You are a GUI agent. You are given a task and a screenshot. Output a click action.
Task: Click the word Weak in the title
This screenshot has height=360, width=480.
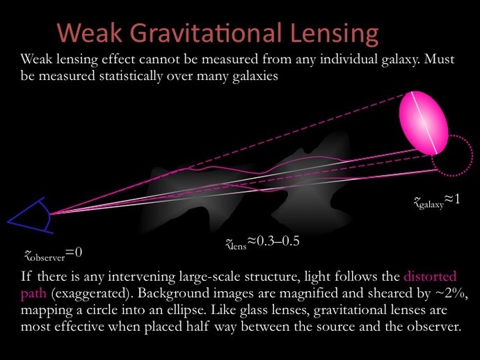click(90, 33)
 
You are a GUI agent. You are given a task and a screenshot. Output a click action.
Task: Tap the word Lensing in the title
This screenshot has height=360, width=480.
click(335, 34)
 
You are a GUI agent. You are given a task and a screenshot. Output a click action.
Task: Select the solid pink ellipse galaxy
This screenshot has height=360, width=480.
click(424, 122)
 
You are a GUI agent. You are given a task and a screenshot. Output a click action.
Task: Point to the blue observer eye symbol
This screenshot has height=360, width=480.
click(30, 215)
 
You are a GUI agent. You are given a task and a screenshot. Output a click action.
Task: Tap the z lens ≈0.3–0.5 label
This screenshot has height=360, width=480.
click(262, 243)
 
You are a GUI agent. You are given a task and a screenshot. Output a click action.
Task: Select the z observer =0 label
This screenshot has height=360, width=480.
click(54, 254)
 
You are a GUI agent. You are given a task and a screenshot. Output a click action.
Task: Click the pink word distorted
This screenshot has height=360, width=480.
click(430, 277)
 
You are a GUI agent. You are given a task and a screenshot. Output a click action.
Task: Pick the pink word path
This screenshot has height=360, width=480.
click(33, 293)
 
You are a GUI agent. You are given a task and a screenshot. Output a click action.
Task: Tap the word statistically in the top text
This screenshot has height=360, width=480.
click(131, 76)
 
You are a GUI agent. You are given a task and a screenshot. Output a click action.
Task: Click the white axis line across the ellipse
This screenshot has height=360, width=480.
click(424, 122)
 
